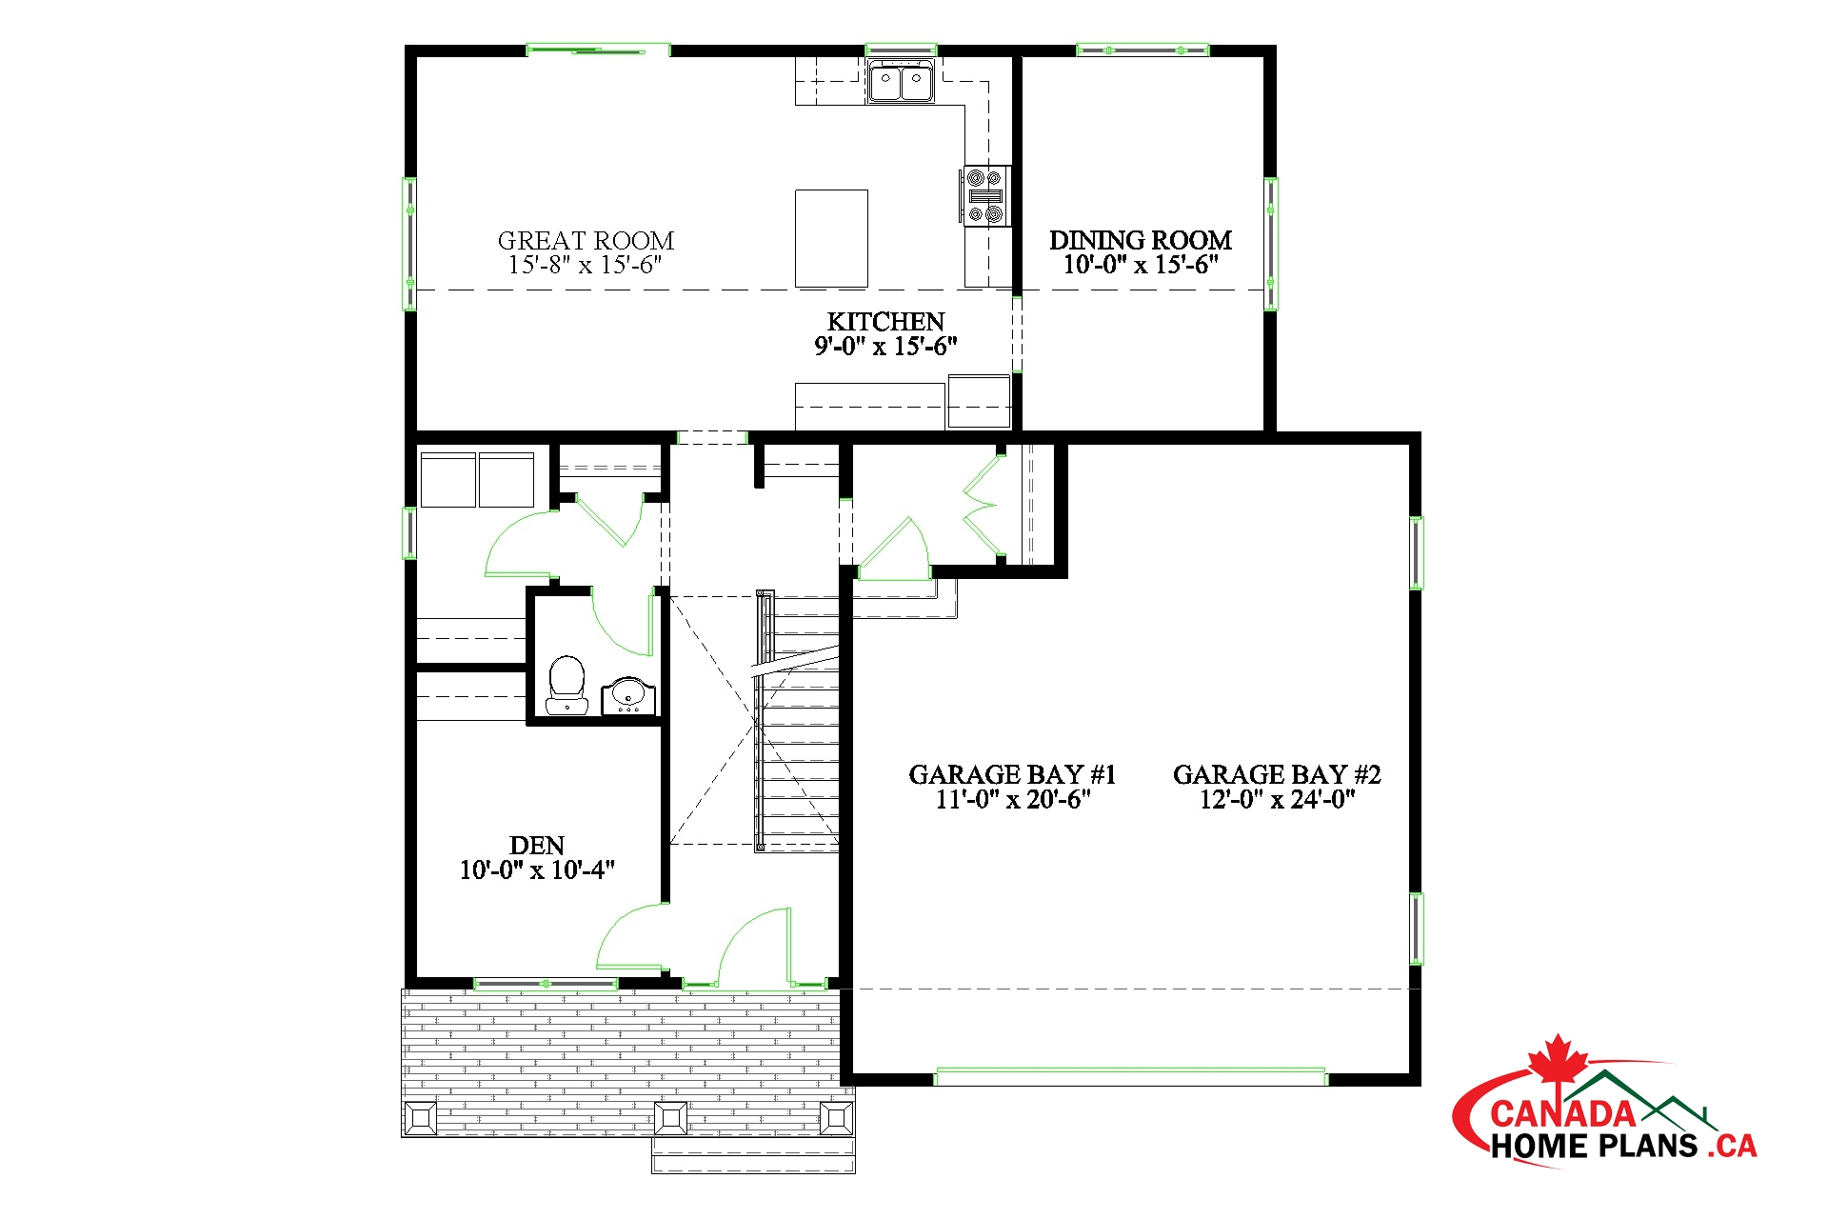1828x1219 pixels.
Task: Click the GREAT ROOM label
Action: click(x=586, y=240)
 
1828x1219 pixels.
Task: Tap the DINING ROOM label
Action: click(x=1141, y=240)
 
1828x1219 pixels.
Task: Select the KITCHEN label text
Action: click(x=885, y=322)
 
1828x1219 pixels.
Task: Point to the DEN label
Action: click(x=537, y=845)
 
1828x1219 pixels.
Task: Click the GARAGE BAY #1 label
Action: click(x=1012, y=774)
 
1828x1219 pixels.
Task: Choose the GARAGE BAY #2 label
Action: click(x=1277, y=774)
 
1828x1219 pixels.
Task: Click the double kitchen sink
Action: click(x=901, y=81)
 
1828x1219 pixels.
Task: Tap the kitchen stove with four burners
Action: click(x=984, y=195)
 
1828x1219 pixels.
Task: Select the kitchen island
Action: click(x=831, y=238)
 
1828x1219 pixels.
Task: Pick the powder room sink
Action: click(x=628, y=695)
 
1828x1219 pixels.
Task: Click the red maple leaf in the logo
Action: click(x=1558, y=1062)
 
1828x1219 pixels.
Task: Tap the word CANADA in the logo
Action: click(x=1562, y=1113)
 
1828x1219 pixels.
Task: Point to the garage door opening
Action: click(x=1131, y=1077)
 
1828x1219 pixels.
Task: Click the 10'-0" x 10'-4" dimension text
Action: click(x=537, y=869)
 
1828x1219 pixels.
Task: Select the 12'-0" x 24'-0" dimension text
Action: click(x=1277, y=799)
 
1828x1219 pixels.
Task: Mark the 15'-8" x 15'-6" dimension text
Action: click(x=586, y=265)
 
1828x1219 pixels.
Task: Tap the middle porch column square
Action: click(x=671, y=1118)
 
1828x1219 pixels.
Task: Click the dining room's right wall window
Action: click(x=1271, y=244)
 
